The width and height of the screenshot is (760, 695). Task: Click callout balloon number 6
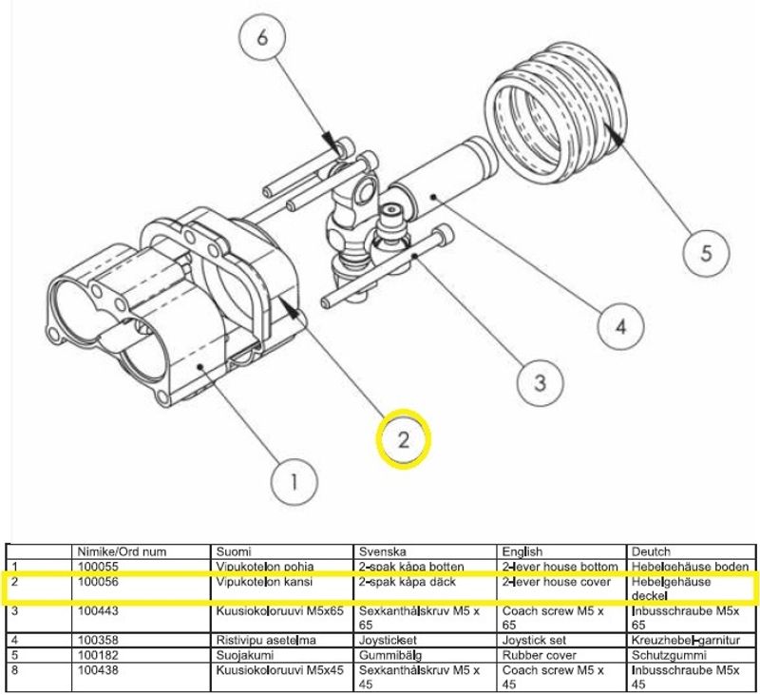263,43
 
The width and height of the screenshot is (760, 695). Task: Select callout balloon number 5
706,253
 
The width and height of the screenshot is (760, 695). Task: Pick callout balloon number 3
539,383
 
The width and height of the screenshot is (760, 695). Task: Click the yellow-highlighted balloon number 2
404,440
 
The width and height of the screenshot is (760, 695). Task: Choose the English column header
522,551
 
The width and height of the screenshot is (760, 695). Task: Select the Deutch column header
650,551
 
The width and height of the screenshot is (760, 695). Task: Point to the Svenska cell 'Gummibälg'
389,654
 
